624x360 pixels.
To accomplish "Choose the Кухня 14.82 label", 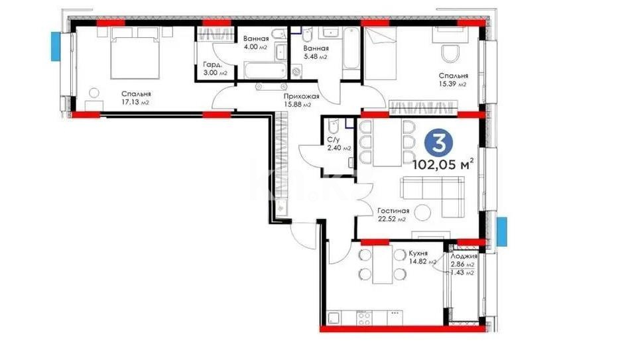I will click(x=418, y=258).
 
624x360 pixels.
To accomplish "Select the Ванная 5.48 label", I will click(x=315, y=53).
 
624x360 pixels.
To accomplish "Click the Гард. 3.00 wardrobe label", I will click(x=213, y=69).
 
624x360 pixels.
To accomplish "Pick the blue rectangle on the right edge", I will click(x=502, y=229).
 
